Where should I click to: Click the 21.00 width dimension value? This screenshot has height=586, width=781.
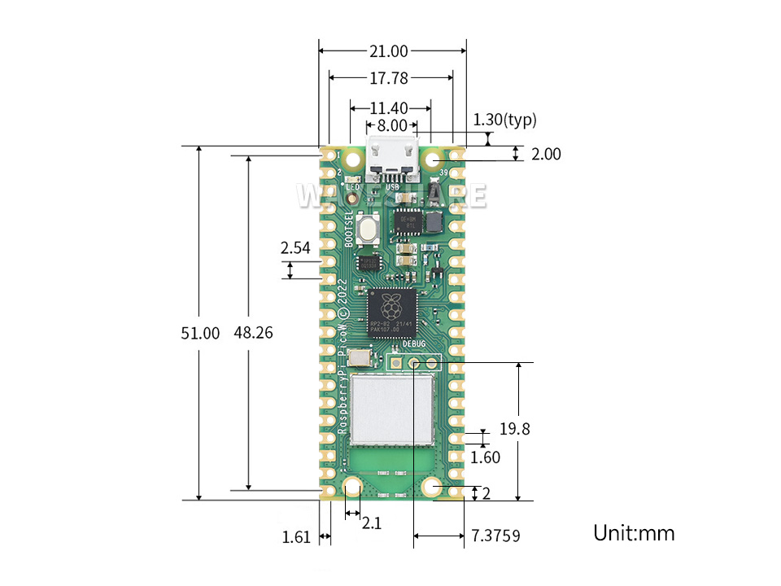389,51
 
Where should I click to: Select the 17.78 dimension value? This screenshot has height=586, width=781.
389,78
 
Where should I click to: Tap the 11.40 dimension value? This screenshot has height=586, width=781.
390,107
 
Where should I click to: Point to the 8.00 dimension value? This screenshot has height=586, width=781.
386,126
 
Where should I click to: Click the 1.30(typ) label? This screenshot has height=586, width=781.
505,120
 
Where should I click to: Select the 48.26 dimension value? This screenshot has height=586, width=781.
253,333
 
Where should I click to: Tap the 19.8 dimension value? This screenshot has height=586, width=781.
515,429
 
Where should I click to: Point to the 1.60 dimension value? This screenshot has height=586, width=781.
486,457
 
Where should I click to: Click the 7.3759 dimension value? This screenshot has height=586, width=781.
495,536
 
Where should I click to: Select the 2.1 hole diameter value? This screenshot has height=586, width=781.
371,523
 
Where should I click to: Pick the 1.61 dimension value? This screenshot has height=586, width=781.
296,537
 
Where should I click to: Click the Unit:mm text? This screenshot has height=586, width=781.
634,533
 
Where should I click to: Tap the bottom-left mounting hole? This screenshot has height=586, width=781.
352,488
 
